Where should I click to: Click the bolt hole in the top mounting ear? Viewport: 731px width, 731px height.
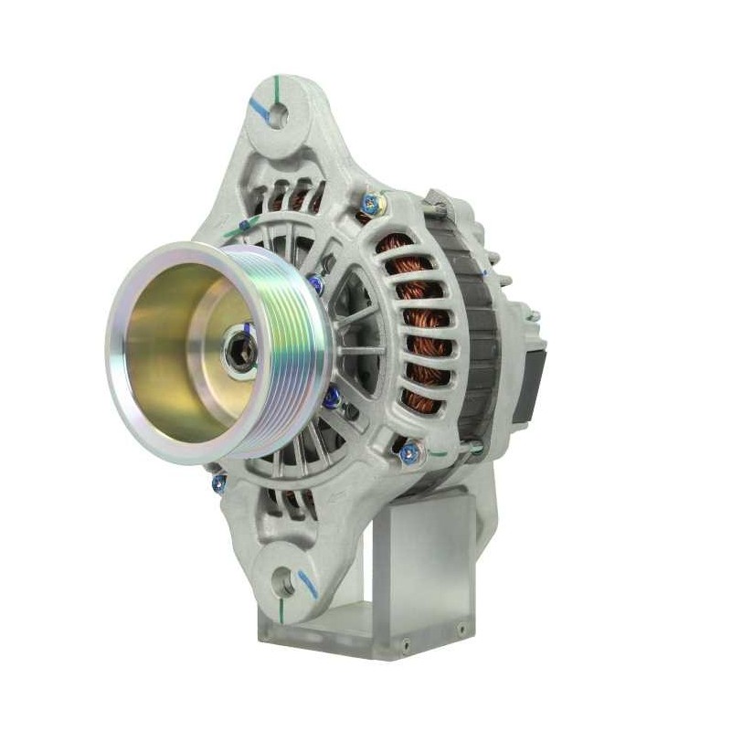pos(277,115)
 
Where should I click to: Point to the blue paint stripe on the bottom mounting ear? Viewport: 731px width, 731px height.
pos(308,584)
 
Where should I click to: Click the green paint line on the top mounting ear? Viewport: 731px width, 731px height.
pos(277,90)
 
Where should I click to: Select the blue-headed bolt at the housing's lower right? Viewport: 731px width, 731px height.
pos(410,450)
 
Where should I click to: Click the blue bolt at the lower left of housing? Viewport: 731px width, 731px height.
pos(219,483)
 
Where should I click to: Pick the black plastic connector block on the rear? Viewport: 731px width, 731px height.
pos(529,384)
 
